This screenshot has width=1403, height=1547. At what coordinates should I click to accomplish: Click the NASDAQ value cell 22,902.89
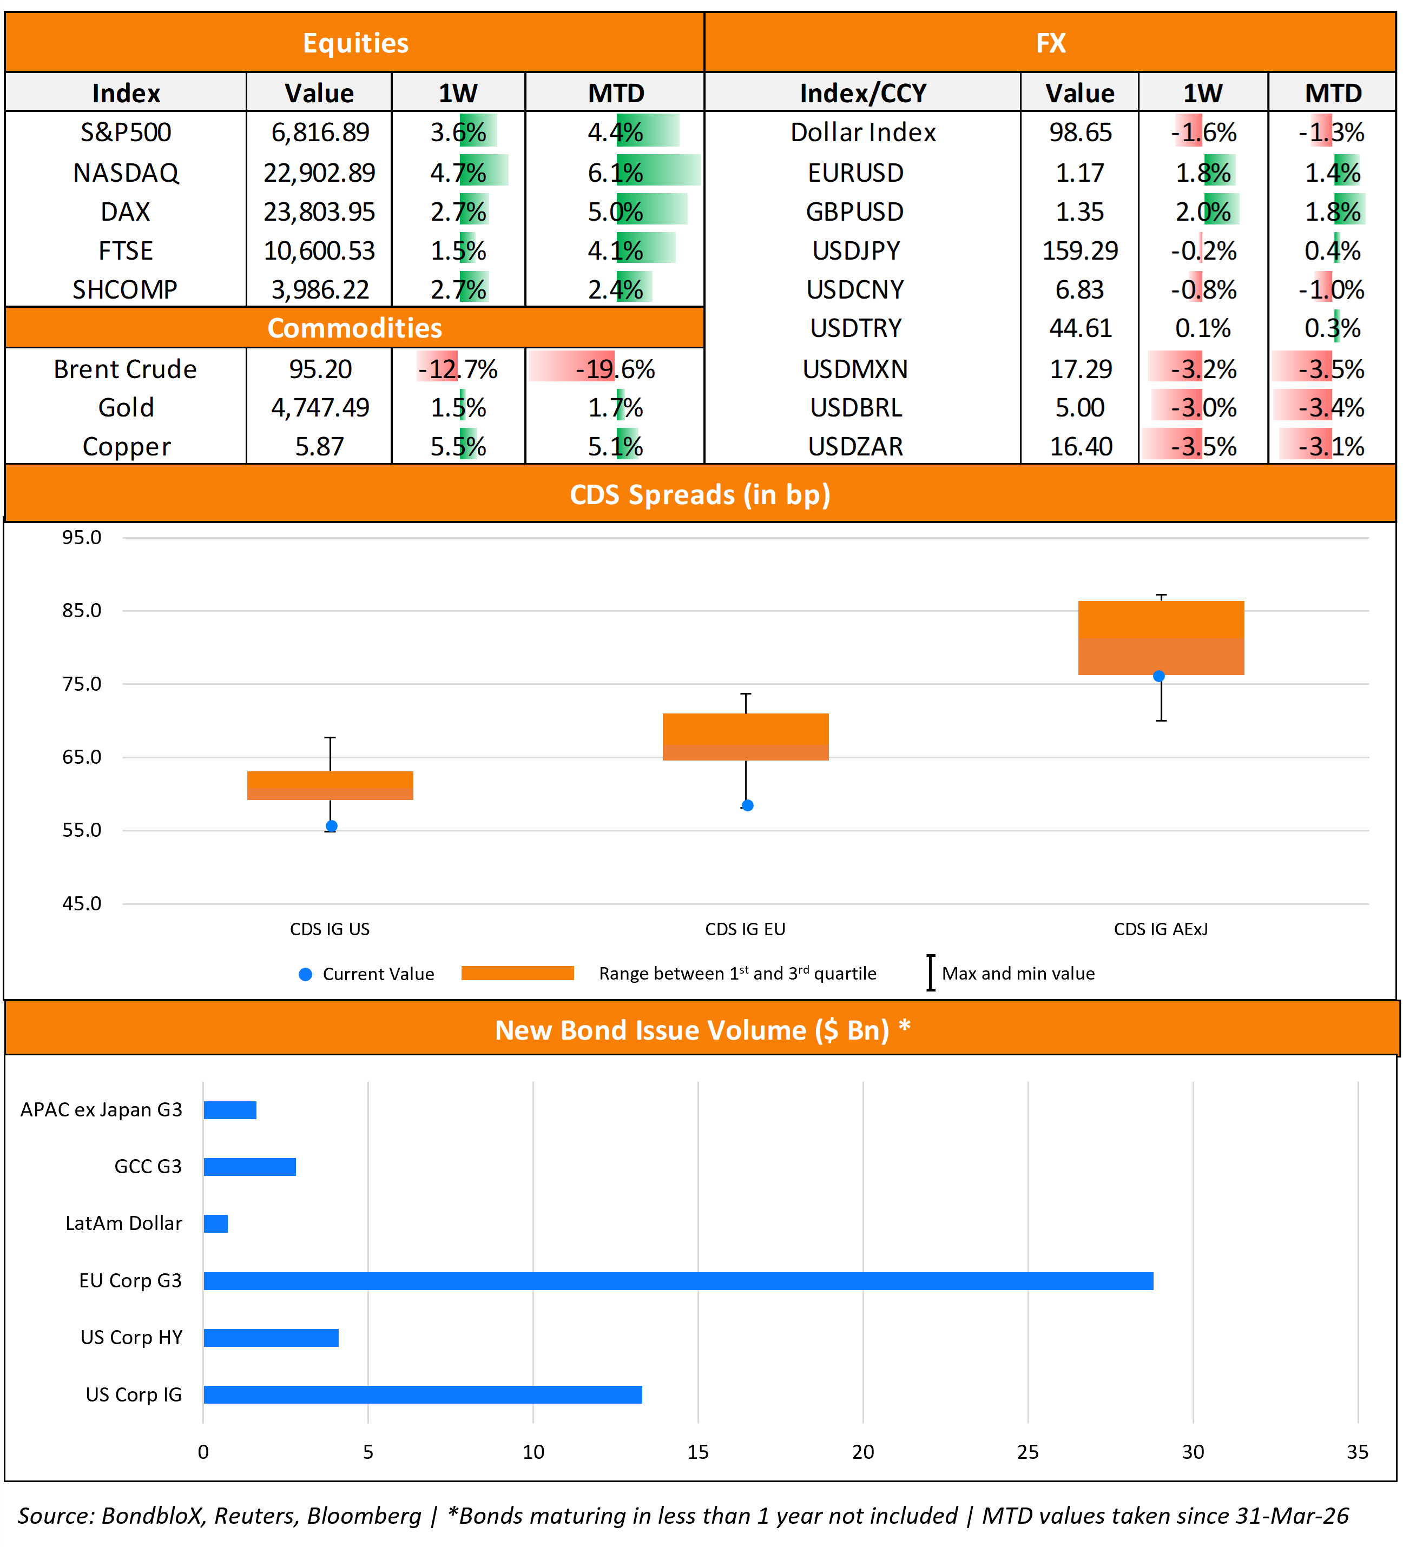point(319,173)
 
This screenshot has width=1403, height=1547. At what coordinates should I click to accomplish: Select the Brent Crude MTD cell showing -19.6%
point(615,369)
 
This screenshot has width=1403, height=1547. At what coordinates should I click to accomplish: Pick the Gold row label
point(126,407)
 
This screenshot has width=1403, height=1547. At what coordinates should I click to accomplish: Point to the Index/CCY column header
point(862,94)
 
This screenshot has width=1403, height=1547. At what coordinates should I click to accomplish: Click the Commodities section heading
point(354,328)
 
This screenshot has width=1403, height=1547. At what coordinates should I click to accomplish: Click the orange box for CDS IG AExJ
point(1161,638)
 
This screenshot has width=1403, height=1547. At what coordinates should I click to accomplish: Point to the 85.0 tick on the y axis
point(81,611)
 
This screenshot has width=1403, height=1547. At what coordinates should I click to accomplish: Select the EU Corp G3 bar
point(678,1281)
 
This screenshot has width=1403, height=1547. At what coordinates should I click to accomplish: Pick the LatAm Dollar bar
point(216,1223)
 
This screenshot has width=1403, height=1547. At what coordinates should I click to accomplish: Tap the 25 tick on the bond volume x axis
point(1027,1452)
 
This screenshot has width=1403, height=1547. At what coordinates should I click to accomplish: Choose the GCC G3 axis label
point(148,1166)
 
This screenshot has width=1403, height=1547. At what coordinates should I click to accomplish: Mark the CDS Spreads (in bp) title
point(700,495)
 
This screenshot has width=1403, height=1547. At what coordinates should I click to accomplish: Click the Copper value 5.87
point(319,446)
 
